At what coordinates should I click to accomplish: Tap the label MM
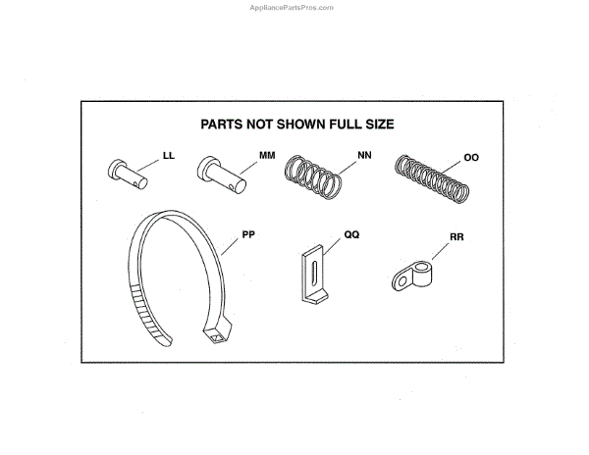pyautogui.click(x=266, y=156)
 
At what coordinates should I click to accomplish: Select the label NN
pyautogui.click(x=365, y=155)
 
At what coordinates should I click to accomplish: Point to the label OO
pyautogui.click(x=471, y=155)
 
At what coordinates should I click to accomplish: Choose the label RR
pyautogui.click(x=456, y=235)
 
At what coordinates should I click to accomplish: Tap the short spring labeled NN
pyautogui.click(x=313, y=177)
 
